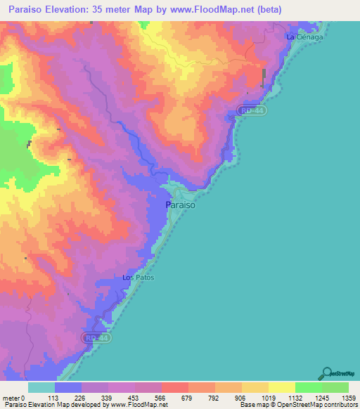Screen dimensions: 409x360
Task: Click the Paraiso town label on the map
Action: pos(179,205)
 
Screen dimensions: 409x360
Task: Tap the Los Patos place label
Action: pos(138,278)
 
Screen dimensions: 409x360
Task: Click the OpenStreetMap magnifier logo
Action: pos(328,373)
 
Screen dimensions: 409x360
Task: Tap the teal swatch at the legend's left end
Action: pos(41,387)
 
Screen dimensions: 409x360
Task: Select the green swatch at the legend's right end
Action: pos(336,387)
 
